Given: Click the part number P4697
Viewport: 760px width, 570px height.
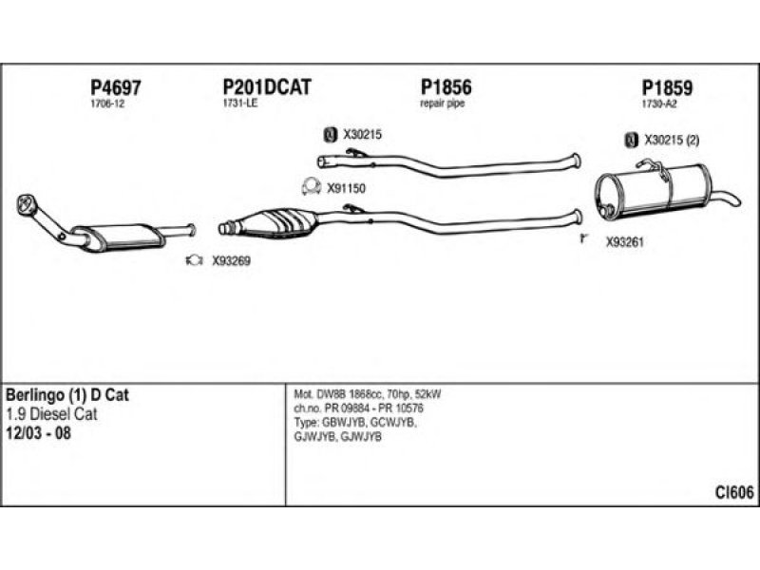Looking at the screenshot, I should point(114,87).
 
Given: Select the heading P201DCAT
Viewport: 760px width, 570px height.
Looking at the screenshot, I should point(266,87).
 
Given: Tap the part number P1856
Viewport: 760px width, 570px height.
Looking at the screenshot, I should point(446,87).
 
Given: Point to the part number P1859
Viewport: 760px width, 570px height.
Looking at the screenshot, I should point(667,88).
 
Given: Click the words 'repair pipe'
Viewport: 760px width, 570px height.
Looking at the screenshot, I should point(442,103).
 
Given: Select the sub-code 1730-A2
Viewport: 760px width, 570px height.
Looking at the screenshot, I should point(659,104).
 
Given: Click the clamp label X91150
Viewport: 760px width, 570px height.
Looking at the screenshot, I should point(346,188).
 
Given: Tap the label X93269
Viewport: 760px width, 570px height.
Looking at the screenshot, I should point(231,260).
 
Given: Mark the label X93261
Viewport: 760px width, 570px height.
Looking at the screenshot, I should point(625,242).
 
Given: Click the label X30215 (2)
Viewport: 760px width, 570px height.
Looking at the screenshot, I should point(672,141).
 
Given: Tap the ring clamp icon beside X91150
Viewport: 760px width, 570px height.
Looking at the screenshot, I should point(309,185).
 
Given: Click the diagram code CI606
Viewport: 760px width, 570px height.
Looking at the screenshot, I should point(734,491).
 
